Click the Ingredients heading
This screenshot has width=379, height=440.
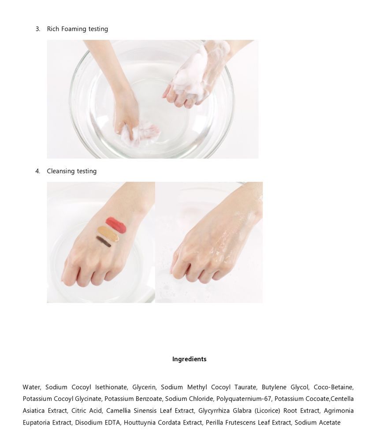tap(189, 359)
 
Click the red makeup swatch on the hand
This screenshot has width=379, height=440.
tap(116, 225)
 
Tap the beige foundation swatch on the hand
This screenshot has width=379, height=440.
tap(108, 234)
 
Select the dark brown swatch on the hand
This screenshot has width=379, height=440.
tap(103, 241)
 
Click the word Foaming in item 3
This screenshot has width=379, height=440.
tap(74, 29)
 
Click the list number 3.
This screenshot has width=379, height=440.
tap(37, 29)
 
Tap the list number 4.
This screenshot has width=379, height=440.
tap(37, 171)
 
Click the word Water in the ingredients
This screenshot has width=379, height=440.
tap(32, 387)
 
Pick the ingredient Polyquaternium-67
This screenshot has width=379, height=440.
tap(244, 399)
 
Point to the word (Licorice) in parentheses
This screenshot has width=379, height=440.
tap(268, 411)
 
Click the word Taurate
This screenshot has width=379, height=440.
tap(245, 387)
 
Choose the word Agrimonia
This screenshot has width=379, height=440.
tap(338, 411)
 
